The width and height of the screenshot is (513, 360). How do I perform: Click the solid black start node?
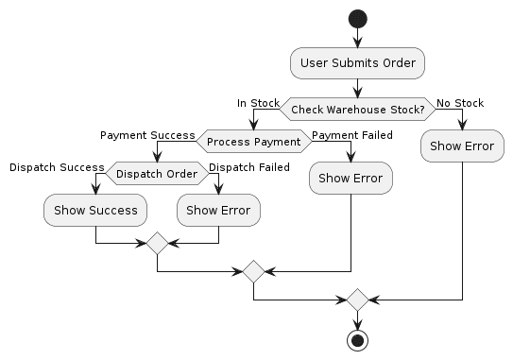click(357, 19)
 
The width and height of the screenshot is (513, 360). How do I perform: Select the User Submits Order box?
click(357, 63)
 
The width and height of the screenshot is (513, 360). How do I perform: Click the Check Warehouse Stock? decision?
click(357, 110)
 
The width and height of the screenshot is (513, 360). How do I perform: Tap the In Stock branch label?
click(257, 103)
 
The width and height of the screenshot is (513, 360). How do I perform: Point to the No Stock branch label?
click(460, 103)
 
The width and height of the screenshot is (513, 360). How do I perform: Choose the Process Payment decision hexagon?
click(253, 142)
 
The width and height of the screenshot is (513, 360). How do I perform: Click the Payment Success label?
click(147, 135)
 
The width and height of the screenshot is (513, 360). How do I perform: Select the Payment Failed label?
click(352, 135)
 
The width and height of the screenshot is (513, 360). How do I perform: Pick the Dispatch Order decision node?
click(157, 174)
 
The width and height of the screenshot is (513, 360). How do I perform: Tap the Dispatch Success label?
click(57, 167)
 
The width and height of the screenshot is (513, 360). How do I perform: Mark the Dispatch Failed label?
click(249, 167)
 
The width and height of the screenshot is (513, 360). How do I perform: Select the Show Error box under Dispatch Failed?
click(218, 210)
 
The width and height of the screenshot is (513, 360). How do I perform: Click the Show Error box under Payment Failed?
click(351, 178)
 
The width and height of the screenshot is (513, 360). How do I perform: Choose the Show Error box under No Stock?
click(462, 146)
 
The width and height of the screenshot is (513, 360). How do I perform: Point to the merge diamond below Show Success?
click(157, 244)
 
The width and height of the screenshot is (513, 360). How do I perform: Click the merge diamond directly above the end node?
click(357, 300)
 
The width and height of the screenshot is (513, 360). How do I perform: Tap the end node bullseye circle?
click(357, 339)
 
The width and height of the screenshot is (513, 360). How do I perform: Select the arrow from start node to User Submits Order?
click(357, 38)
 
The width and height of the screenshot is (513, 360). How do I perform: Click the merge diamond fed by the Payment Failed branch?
click(253, 271)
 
